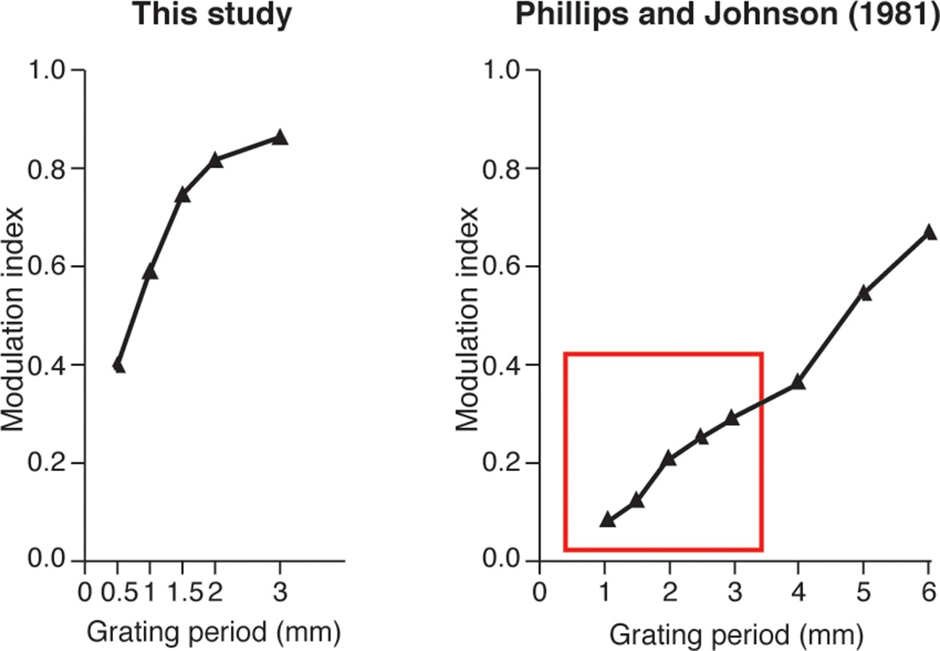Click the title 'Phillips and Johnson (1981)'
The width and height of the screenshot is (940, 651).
727,16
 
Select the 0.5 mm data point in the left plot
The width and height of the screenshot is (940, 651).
119,365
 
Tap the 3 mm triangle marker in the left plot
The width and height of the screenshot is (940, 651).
279,137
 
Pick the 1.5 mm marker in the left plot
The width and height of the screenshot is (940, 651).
182,194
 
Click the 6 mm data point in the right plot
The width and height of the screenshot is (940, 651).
928,232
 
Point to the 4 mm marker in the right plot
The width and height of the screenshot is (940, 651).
798,382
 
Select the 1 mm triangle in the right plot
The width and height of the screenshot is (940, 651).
607,519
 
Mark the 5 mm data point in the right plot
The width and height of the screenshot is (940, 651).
864,292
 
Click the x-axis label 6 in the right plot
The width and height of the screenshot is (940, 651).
928,594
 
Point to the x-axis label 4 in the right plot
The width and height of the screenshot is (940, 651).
798,594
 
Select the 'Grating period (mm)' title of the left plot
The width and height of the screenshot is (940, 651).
213,633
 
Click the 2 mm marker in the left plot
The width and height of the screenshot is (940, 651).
215,160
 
